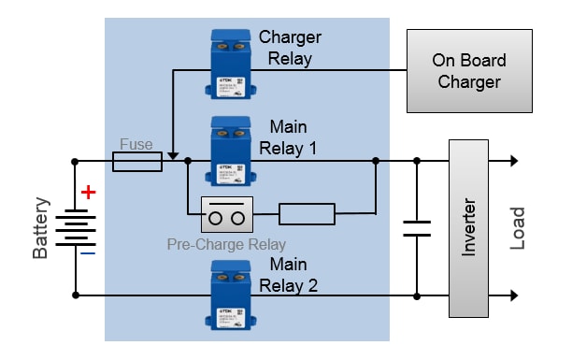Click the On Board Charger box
(x=468, y=71)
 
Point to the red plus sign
(x=88, y=194)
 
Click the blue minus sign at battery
(x=87, y=252)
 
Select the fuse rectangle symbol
(x=136, y=162)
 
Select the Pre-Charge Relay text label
(x=226, y=245)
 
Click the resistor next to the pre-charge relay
(x=307, y=215)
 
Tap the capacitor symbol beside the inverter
(x=417, y=227)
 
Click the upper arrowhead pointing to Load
(x=512, y=161)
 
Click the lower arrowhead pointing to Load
(x=512, y=295)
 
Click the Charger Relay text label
(x=290, y=48)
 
